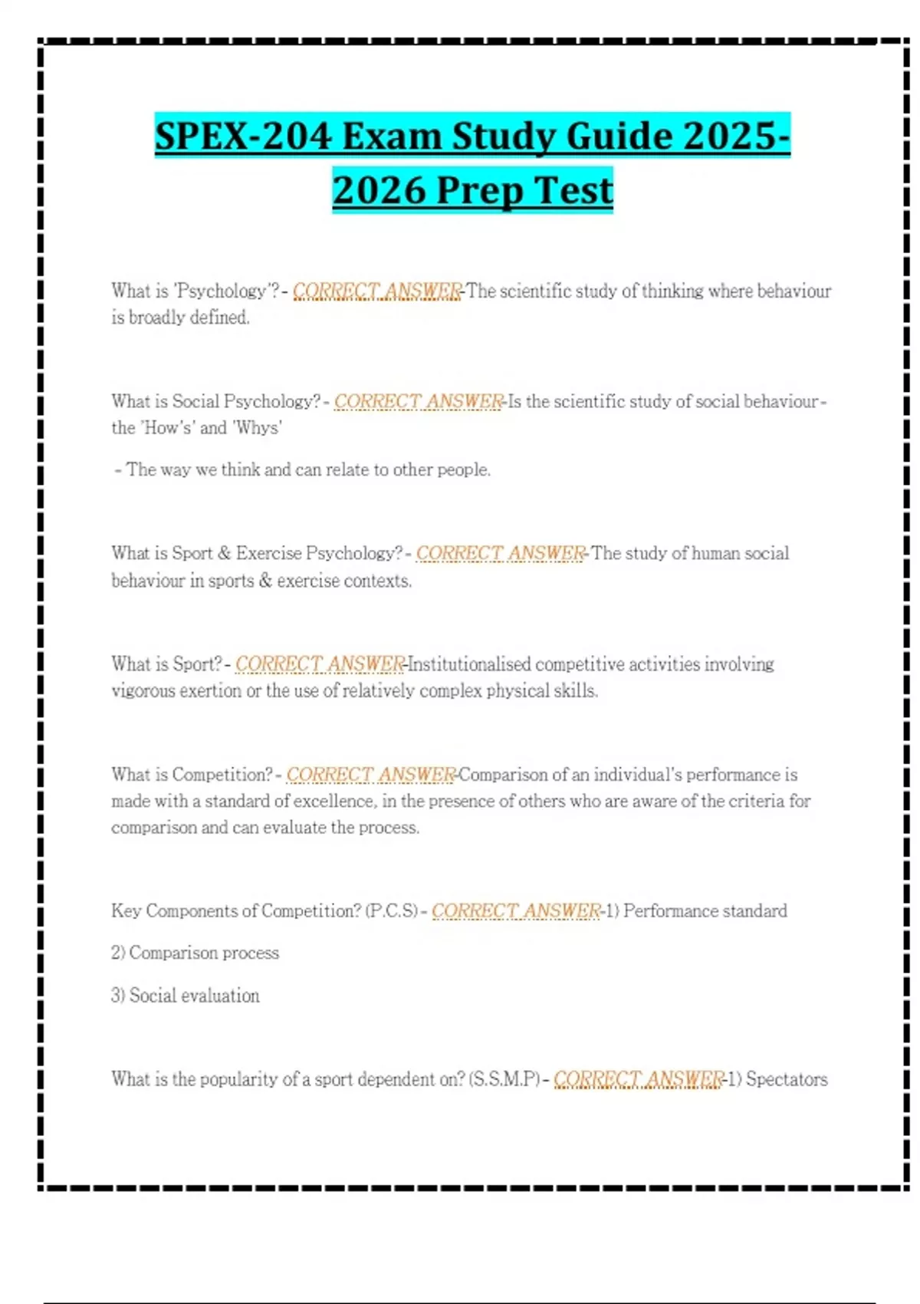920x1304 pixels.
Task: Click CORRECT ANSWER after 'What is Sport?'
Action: [x=320, y=664]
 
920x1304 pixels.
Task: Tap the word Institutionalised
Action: [x=469, y=664]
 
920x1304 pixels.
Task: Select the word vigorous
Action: [x=143, y=690]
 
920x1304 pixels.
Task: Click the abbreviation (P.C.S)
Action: [x=392, y=910]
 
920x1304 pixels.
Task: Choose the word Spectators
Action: [x=787, y=1079]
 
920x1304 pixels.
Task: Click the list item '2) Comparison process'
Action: [x=195, y=953]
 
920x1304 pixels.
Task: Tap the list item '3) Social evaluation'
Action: [x=185, y=996]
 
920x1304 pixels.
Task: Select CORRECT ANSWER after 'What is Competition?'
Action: [x=371, y=775]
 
